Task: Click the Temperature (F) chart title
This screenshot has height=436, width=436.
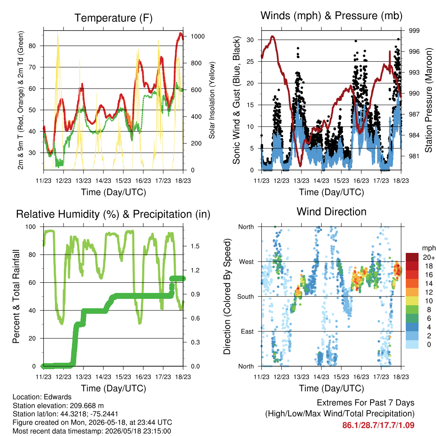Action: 113,18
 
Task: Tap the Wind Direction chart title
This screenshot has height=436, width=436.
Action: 331,212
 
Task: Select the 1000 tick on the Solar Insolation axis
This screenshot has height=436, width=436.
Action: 198,37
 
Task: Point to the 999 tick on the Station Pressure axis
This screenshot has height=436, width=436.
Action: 414,31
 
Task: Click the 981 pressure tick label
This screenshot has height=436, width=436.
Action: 414,156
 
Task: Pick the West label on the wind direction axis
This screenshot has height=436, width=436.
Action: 247,262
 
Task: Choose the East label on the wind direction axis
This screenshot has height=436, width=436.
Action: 247,331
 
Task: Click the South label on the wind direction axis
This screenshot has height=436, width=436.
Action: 246,297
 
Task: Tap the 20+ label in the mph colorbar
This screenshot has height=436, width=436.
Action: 429,258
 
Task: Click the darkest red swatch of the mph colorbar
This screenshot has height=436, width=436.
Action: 412,257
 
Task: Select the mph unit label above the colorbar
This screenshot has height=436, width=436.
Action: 429,248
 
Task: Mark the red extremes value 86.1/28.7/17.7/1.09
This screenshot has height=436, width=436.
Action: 378,425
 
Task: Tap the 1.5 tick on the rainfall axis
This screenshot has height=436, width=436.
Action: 195,246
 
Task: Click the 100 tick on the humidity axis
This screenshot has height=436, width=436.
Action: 31,227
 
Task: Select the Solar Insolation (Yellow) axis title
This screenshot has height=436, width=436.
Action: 212,100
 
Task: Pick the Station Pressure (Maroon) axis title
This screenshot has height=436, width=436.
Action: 429,100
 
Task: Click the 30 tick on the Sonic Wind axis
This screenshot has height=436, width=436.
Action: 250,40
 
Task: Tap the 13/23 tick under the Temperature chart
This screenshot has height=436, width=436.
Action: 83,181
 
